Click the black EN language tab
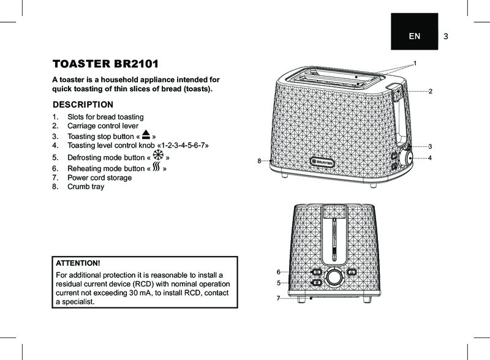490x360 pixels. point(415,31)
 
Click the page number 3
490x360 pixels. point(446,37)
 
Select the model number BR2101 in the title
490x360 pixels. point(136,64)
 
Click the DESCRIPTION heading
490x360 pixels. point(83,104)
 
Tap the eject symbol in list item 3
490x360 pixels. point(146,135)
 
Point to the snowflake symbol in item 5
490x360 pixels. point(158,155)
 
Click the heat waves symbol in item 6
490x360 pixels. point(157,167)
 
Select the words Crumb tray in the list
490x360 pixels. point(86,187)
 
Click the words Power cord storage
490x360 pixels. point(100,178)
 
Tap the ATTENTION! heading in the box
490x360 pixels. point(78,263)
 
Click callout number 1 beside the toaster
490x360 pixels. point(415,64)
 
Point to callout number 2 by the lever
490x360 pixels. point(431,91)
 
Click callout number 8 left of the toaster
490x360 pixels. point(259,161)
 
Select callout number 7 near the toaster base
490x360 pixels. point(278,298)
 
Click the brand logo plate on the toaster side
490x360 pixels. point(322,162)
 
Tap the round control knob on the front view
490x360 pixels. point(334,277)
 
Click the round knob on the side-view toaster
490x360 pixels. point(406,158)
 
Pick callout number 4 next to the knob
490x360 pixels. point(430,158)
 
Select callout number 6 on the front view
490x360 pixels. point(279,272)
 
